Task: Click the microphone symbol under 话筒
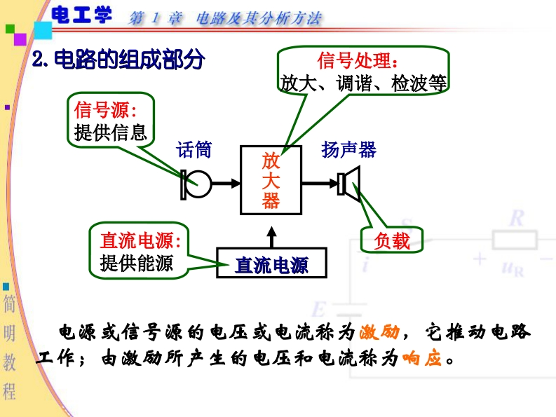tap(196, 184)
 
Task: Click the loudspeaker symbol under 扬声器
tap(348, 184)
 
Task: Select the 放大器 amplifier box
tap(271, 181)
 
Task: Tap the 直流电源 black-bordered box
tap(271, 264)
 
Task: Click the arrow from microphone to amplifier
tap(224, 184)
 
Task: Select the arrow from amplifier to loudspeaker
tap(319, 184)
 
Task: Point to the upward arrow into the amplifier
tap(271, 232)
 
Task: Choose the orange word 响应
tap(423, 359)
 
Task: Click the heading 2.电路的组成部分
tap(118, 60)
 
